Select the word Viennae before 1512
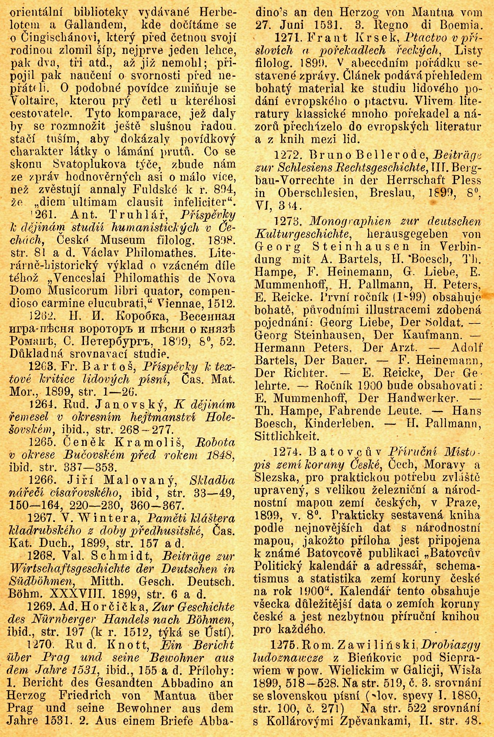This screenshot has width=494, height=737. click(176, 303)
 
